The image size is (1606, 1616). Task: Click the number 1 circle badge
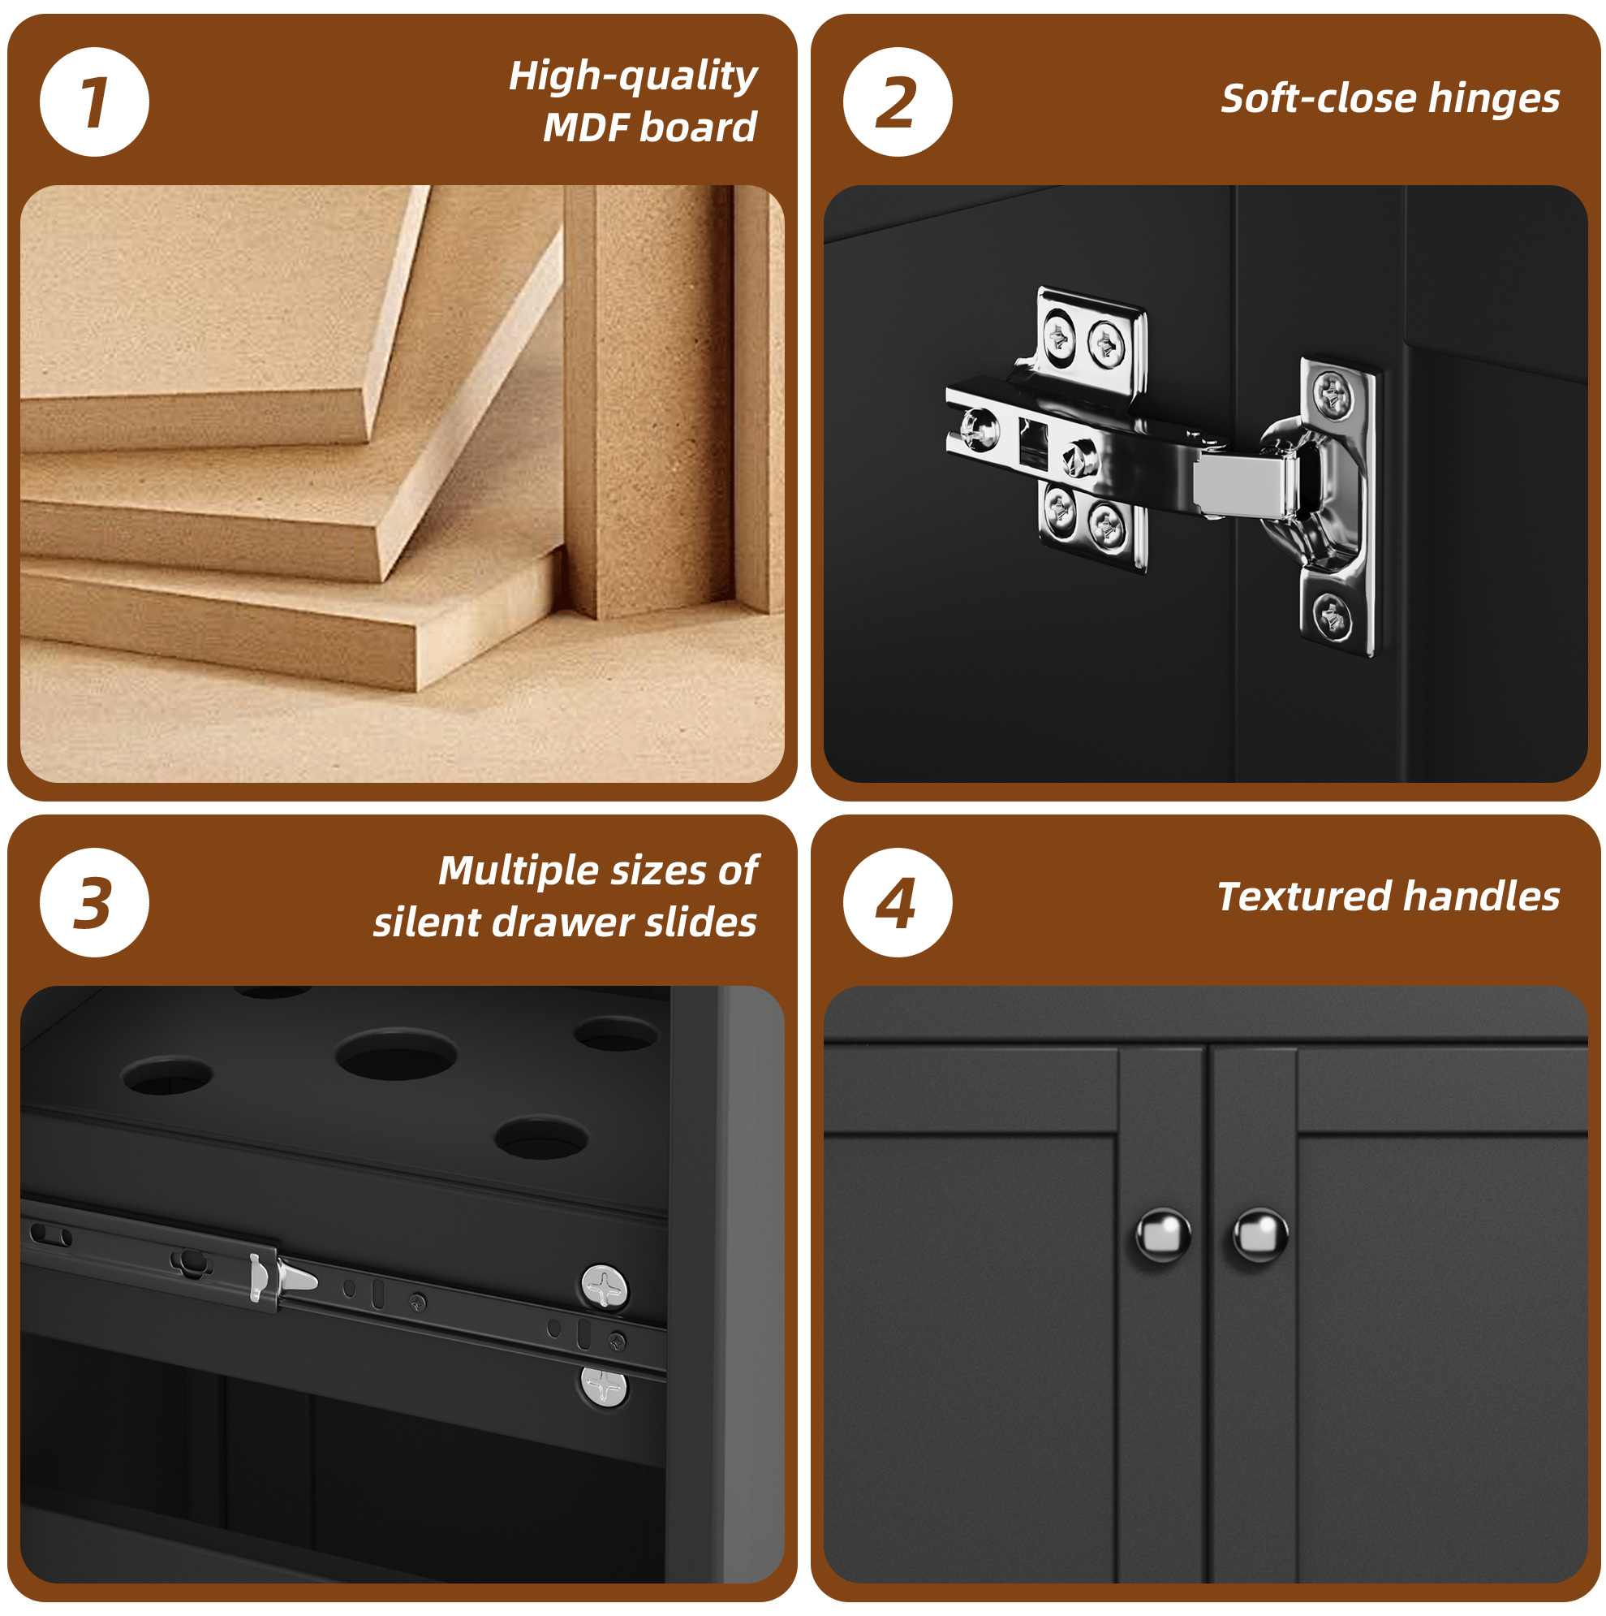(x=94, y=102)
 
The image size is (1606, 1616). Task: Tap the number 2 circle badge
(x=897, y=102)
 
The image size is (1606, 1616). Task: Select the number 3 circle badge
(x=94, y=902)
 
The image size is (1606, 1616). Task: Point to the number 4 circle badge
(x=897, y=902)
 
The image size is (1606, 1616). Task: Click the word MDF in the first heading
(x=586, y=128)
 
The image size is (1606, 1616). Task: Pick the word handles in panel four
(x=1482, y=897)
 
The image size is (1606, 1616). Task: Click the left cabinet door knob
(x=1163, y=1235)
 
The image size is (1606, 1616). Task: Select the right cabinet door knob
(x=1260, y=1234)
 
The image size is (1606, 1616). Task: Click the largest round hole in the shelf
(x=396, y=1053)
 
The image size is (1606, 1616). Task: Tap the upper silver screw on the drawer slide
(x=604, y=1286)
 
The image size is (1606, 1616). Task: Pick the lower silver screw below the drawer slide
(x=603, y=1387)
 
